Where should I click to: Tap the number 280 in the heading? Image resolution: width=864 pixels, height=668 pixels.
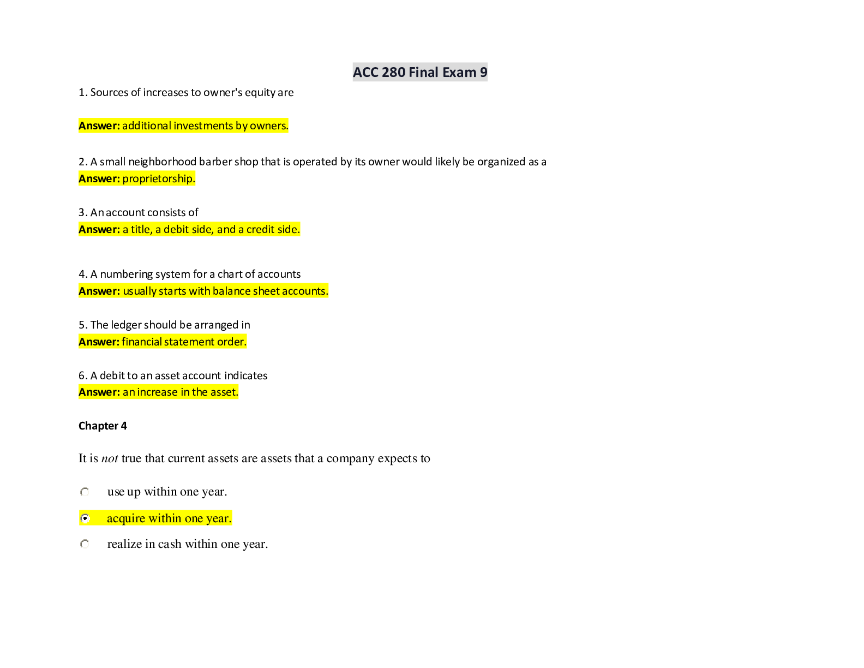[393, 72]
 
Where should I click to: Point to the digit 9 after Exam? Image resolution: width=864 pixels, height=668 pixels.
[483, 72]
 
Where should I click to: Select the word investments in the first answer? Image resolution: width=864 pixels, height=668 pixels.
[203, 126]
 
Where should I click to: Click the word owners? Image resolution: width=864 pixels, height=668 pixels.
[269, 126]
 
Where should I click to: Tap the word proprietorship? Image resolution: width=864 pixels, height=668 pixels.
[158, 178]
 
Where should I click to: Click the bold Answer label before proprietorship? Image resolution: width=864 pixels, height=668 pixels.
[99, 178]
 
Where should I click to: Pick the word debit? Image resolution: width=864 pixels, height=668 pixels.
[176, 229]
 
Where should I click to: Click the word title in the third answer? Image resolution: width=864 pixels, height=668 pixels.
[141, 229]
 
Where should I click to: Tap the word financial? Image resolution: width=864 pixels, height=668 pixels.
[142, 342]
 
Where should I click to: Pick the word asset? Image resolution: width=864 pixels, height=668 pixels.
[224, 392]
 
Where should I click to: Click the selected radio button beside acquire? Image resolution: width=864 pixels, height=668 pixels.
[85, 518]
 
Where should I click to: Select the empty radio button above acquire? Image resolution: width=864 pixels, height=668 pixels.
[85, 492]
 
